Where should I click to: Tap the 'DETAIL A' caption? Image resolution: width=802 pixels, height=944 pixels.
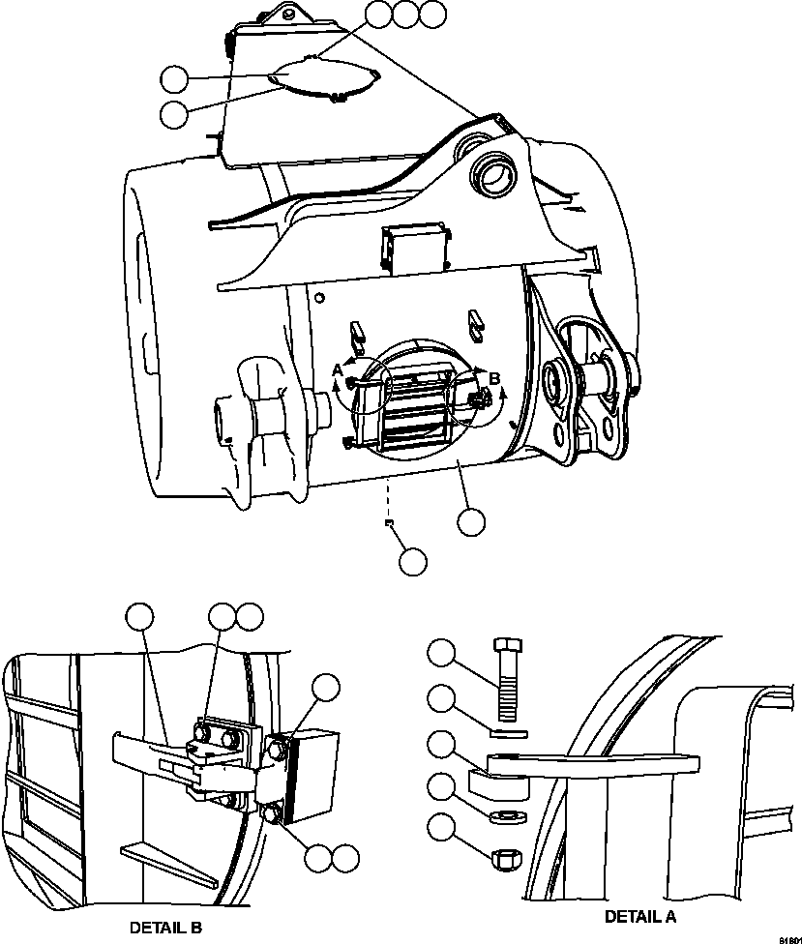pyautogui.click(x=640, y=915)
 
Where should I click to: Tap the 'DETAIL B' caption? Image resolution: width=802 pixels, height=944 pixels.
pyautogui.click(x=165, y=927)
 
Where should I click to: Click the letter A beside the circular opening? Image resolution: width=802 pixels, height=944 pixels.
pyautogui.click(x=337, y=369)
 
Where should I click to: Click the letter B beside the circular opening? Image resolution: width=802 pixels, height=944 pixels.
pyautogui.click(x=494, y=378)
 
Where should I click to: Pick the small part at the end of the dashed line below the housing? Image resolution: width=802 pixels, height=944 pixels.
pyautogui.click(x=387, y=523)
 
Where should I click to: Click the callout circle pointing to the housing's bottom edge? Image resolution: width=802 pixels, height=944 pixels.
pyautogui.click(x=471, y=520)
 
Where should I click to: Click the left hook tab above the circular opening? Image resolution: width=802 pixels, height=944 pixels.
pyautogui.click(x=357, y=330)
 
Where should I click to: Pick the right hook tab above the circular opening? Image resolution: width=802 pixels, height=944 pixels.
pyautogui.click(x=475, y=321)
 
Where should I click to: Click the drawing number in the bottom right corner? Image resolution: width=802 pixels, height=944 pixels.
pyautogui.click(x=786, y=937)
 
